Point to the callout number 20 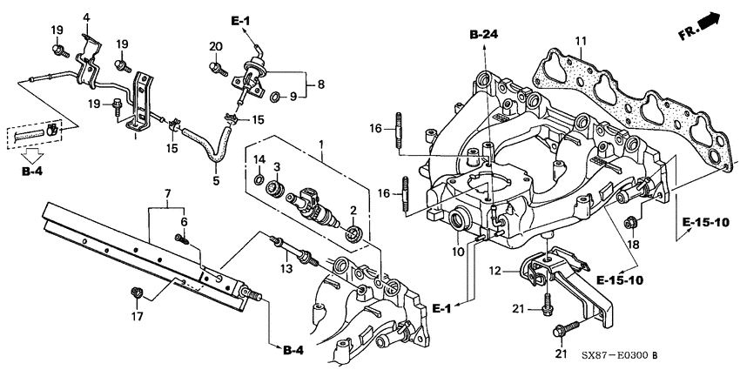(215, 45)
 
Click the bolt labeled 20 (213, 64)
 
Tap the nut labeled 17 (135, 290)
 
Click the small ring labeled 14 (259, 180)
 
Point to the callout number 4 (86, 17)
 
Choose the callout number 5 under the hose (215, 181)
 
